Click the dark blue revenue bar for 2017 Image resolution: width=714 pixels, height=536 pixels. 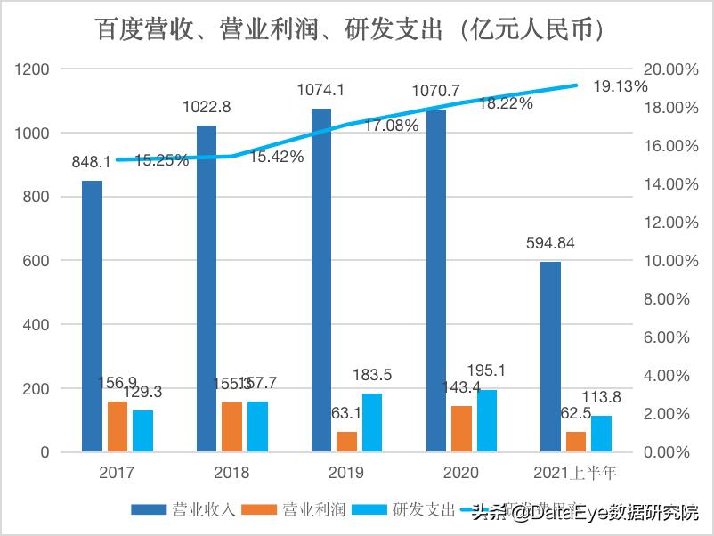coord(92,316)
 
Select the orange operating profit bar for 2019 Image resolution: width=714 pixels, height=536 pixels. coord(346,442)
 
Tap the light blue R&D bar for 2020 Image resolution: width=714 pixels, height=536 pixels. coord(486,420)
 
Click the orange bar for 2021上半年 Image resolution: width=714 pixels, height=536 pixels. coord(576,442)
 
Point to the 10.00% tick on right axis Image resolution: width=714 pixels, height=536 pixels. coord(664,261)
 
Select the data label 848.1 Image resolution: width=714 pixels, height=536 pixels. coord(92,162)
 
